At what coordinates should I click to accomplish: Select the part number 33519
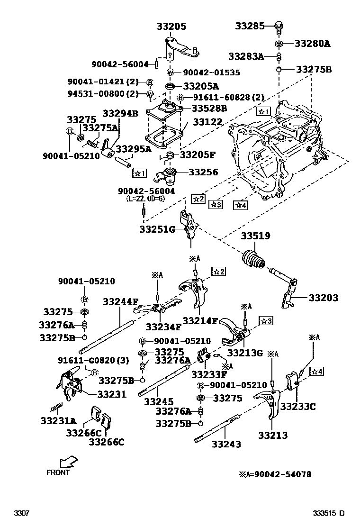pos(256,236)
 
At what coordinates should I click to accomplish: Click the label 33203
pos(324,298)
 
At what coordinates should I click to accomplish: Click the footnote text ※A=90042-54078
pos(275,474)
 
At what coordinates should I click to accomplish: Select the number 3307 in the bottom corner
pos(22,513)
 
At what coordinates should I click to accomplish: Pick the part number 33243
pos(226,444)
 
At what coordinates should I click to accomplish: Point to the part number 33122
pos(206,122)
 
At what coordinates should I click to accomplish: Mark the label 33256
pos(203,173)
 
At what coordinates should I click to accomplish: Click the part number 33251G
pos(157,229)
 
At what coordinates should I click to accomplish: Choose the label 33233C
pos(297,406)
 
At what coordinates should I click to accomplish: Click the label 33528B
pos(209,108)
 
